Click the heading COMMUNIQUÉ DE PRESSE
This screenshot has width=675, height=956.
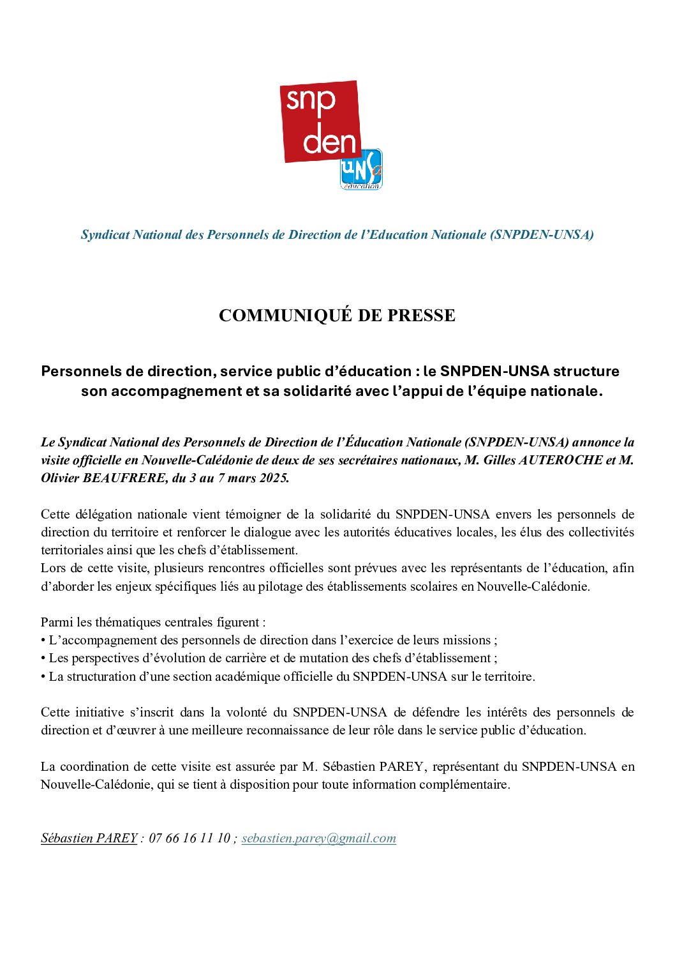pyautogui.click(x=337, y=315)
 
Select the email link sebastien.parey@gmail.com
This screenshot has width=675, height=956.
pyautogui.click(x=318, y=838)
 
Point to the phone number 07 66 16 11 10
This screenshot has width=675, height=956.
pyautogui.click(x=189, y=838)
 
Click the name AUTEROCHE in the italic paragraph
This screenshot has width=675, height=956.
pyautogui.click(x=543, y=460)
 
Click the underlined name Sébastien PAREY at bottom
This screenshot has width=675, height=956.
pyautogui.click(x=89, y=838)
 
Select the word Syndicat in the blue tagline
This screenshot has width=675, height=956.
pyautogui.click(x=105, y=234)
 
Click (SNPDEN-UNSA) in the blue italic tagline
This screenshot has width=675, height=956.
pyautogui.click(x=542, y=234)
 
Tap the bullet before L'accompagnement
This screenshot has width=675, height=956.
pyautogui.click(x=43, y=640)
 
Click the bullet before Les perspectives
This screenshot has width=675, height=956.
pyautogui.click(x=43, y=658)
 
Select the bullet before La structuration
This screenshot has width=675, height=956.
pyautogui.click(x=43, y=676)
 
